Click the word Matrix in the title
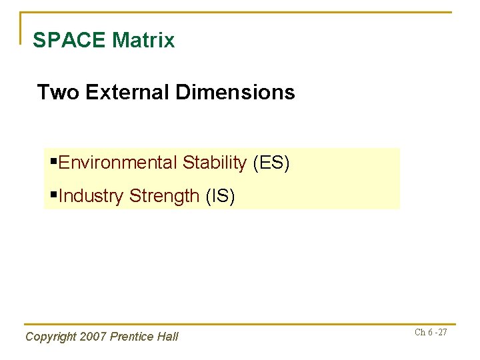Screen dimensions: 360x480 tap(143, 41)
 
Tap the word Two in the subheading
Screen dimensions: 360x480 tap(53, 92)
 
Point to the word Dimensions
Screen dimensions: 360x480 tap(235, 92)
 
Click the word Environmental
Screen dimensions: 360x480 tap(118, 163)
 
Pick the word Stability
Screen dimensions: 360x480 tap(215, 163)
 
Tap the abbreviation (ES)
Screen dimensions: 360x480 tap(271, 163)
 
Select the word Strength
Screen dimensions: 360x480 tap(165, 196)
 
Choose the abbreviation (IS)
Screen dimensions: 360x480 tap(221, 196)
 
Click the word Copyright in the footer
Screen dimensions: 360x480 tap(50, 337)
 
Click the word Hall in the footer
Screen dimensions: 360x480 tap(167, 337)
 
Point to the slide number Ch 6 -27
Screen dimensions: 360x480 tap(431, 332)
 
